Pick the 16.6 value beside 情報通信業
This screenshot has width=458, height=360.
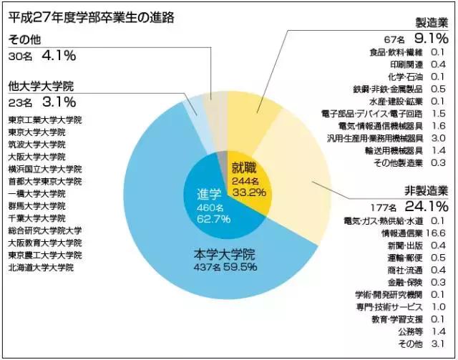[438, 232]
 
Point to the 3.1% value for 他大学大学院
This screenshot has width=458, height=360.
[59, 102]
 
